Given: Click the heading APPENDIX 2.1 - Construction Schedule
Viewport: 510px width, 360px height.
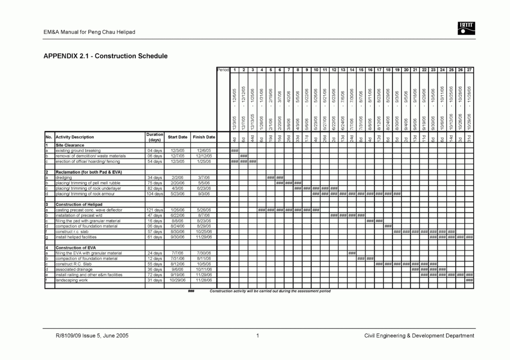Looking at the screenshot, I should [106, 56].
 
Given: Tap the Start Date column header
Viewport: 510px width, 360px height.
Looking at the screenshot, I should [178, 137].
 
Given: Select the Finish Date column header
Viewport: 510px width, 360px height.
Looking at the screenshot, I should [204, 137].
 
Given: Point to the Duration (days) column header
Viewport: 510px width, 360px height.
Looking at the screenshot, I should [154, 137].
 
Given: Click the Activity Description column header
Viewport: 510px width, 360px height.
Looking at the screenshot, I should [75, 137].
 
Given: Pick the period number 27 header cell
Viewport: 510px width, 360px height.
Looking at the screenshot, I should [469, 70].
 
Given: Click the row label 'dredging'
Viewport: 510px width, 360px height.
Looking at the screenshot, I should [64, 177].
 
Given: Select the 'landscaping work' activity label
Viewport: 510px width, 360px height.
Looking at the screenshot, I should [71, 280].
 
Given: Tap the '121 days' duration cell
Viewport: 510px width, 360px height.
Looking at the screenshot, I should [155, 210].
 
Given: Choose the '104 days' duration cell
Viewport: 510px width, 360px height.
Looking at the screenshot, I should [155, 194].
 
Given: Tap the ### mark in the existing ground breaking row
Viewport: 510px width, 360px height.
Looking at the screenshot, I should [234, 150].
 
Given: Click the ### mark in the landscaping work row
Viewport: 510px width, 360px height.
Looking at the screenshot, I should [469, 280].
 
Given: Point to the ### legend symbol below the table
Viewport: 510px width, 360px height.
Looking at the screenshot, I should [190, 291].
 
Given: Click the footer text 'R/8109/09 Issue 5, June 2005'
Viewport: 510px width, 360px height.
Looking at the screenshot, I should [86, 336].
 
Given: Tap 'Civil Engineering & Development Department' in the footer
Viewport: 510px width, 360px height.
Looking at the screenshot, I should [419, 336].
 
